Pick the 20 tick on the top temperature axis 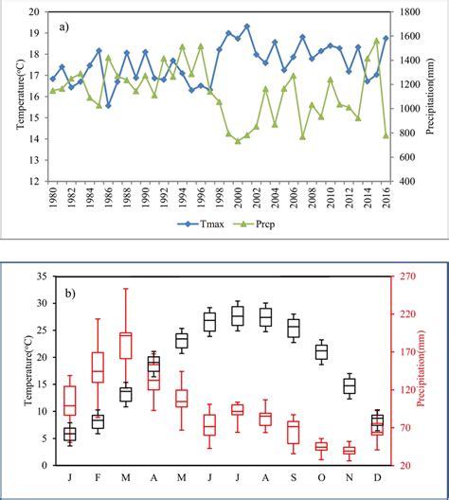(x=35, y=11)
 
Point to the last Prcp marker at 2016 (x=385, y=135)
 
